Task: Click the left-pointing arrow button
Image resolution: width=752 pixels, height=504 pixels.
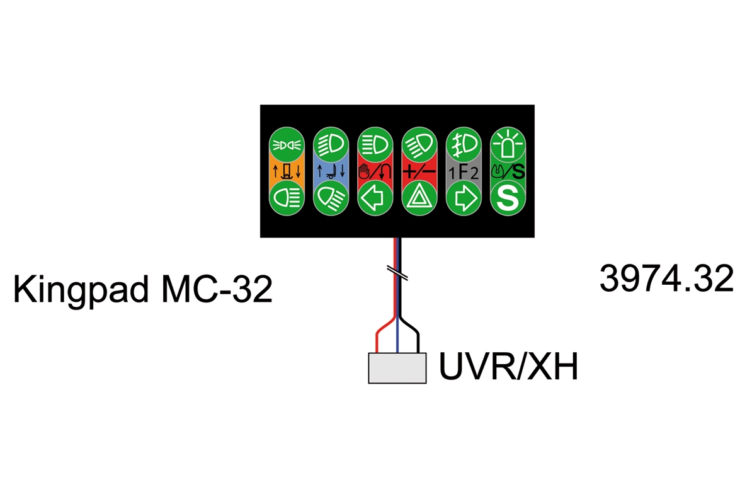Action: [x=375, y=198]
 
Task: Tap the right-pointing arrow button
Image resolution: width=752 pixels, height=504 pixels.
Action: [x=464, y=198]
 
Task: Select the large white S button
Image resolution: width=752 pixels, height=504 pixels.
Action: [x=508, y=198]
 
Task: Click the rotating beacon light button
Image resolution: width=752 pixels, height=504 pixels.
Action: [x=508, y=144]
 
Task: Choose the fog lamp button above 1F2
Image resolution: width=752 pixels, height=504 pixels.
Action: [x=464, y=144]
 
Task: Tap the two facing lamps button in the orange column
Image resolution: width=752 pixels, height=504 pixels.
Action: [x=287, y=144]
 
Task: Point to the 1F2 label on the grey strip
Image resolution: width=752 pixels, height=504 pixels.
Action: [x=464, y=172]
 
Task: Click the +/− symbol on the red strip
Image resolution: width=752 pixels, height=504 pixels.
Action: [x=419, y=171]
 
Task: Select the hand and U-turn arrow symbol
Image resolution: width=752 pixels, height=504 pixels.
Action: [x=375, y=171]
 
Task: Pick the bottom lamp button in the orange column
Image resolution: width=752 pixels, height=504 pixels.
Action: [x=287, y=198]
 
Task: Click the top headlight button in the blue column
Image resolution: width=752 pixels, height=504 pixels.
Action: [x=331, y=144]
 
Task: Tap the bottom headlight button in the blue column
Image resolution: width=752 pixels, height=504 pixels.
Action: [x=331, y=198]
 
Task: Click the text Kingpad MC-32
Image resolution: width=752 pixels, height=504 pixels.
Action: [x=143, y=289]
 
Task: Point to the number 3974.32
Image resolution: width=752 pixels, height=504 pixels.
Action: [x=666, y=278]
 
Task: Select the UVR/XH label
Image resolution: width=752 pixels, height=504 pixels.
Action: [x=508, y=367]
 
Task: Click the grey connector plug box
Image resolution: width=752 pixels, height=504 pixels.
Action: [x=397, y=368]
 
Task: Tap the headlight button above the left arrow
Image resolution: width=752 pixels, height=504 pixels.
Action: [x=375, y=144]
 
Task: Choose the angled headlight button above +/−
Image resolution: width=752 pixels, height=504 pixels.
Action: [x=419, y=144]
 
